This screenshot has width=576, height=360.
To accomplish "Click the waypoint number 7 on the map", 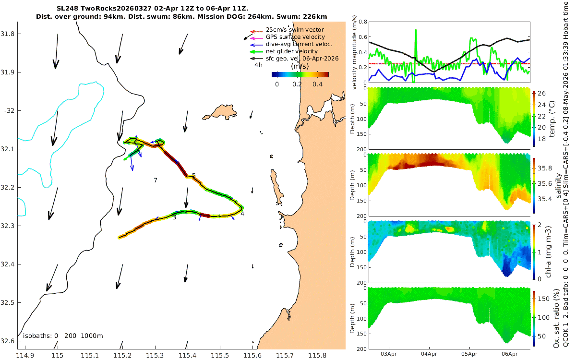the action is point(156,180).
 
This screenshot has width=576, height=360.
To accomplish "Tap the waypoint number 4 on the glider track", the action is point(242,214).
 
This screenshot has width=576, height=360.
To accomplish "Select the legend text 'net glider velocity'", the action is point(292,51).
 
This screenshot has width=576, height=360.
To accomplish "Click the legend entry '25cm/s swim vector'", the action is point(295,30).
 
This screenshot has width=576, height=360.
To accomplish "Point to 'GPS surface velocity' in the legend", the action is point(295,37).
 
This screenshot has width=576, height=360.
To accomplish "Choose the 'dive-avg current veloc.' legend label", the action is point(299,44).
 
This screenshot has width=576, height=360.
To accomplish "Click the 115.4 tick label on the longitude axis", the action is point(188,355).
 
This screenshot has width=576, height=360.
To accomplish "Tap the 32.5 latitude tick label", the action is point(7,303).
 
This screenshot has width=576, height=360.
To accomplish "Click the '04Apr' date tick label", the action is point(429,354).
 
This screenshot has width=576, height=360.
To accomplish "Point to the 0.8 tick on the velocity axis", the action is point(362,22).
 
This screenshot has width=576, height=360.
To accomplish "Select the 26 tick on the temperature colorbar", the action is point(541,93).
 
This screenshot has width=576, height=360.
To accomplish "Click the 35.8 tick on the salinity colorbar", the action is point(545,168).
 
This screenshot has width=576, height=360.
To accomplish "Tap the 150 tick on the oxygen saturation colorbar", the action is point(543,299).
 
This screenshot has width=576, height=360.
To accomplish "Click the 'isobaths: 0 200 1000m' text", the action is point(63,336).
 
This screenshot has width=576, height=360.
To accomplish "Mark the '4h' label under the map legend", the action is point(258,65).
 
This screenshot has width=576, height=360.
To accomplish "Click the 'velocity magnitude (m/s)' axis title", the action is point(354,52).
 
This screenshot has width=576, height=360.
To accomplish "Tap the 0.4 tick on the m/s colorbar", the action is point(318,84).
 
